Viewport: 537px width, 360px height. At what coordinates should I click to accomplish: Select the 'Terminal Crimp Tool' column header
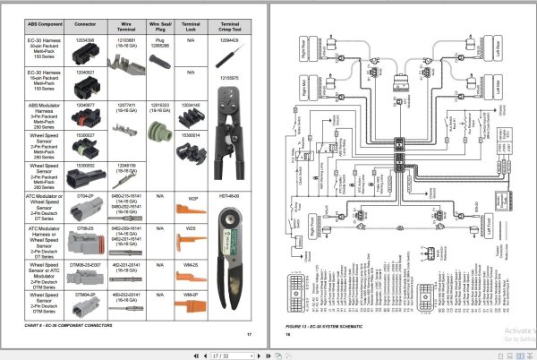coord(230,26)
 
